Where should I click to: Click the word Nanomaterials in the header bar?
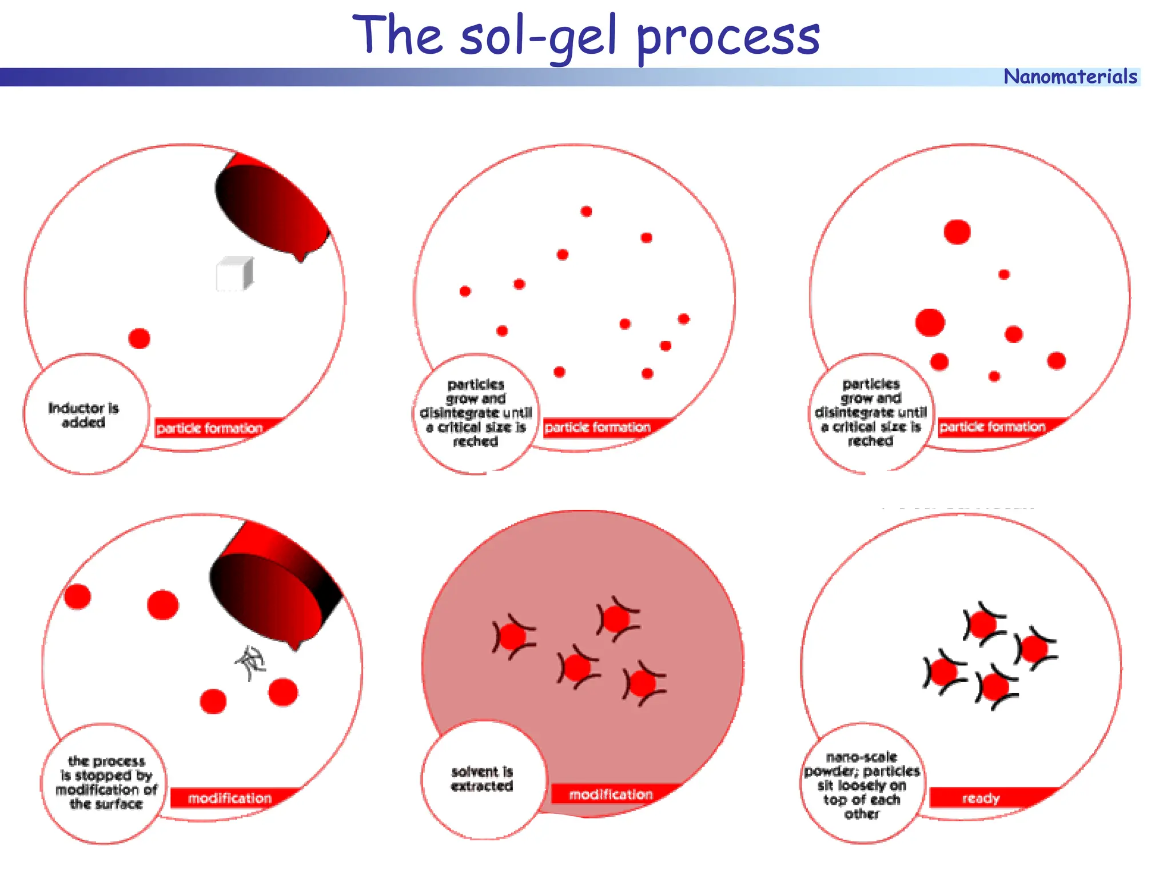click(1070, 77)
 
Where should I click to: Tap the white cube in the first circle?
click(234, 274)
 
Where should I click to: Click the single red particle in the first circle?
click(139, 338)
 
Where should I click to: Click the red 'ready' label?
click(981, 798)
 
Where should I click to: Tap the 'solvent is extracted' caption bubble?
click(482, 779)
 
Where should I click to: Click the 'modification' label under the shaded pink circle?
click(611, 794)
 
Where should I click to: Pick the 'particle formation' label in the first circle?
click(210, 428)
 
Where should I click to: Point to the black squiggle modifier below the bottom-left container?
click(250, 663)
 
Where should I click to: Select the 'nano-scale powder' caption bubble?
click(862, 785)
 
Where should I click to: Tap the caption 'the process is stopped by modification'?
click(106, 782)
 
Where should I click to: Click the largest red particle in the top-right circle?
click(930, 322)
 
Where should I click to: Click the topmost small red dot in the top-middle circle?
click(586, 211)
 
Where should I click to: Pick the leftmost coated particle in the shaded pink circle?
click(513, 637)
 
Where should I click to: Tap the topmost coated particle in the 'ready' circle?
click(983, 624)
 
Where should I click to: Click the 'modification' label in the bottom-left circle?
click(230, 798)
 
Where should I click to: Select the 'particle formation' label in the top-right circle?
click(993, 427)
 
